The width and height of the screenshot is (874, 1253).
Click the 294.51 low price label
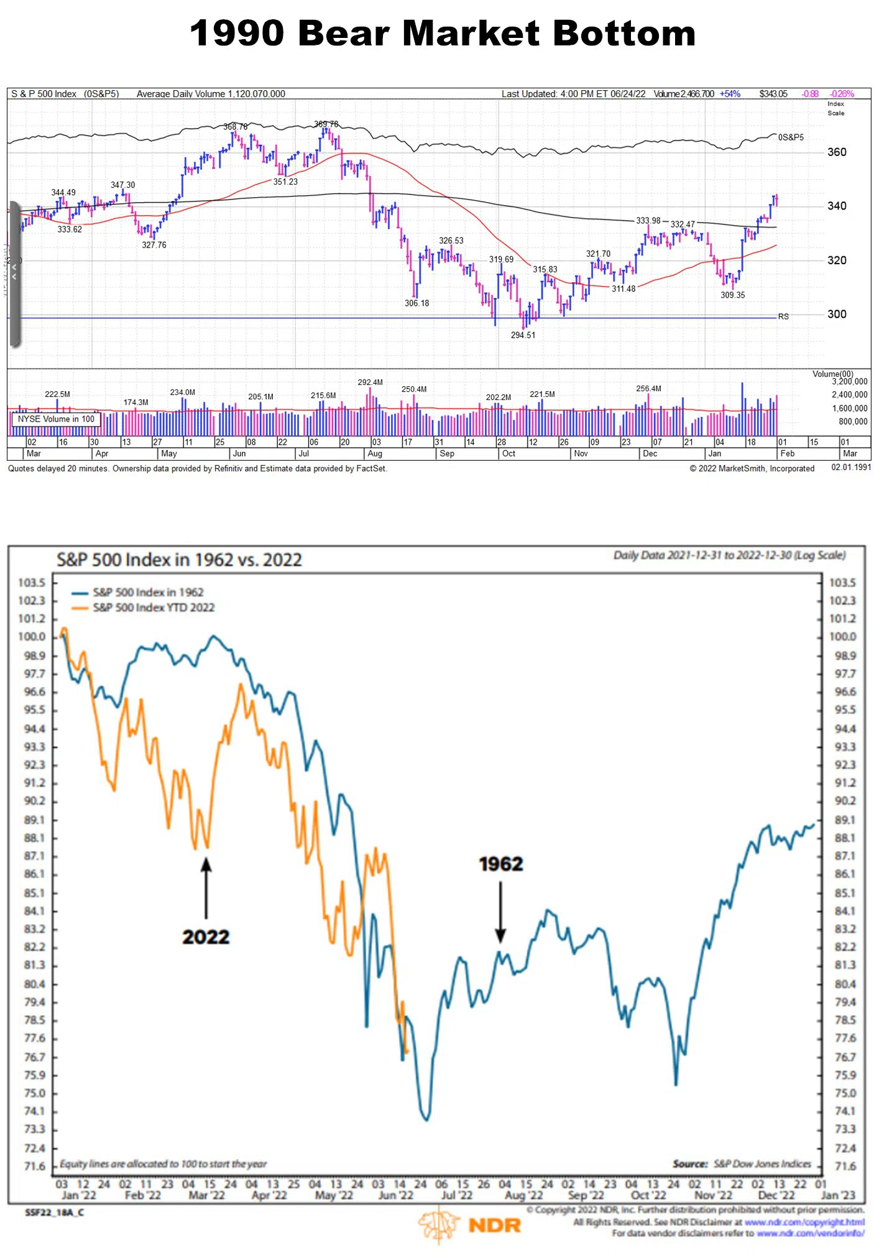[523, 335]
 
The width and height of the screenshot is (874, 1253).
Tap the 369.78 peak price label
[326, 124]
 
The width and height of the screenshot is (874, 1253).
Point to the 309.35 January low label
[732, 295]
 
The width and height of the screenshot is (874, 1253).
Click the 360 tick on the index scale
[837, 152]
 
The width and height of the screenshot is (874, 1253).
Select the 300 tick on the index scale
[837, 315]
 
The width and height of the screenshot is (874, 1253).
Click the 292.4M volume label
[370, 382]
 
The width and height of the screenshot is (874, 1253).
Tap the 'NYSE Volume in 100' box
[56, 420]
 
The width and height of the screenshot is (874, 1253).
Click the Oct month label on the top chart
[508, 454]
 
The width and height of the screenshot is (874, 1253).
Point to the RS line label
[783, 317]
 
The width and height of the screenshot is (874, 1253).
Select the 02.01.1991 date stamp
[851, 468]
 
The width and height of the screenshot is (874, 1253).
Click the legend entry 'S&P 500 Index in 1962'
[148, 593]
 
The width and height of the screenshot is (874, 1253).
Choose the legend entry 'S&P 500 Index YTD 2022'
[154, 608]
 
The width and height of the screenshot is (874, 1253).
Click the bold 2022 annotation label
[206, 937]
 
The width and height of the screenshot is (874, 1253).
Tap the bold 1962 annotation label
[501, 864]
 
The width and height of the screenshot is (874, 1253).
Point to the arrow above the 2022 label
[206, 888]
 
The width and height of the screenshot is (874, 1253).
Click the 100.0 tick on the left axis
[32, 637]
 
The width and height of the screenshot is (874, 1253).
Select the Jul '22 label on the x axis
[457, 1195]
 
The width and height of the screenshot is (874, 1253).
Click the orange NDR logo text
[494, 1226]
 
